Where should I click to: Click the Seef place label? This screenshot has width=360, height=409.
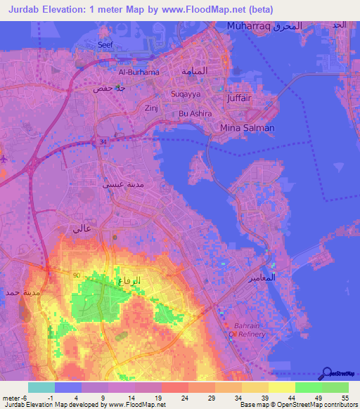pos(105,44)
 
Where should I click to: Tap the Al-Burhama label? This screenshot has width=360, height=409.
pos(139,72)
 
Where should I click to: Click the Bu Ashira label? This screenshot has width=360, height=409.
pos(194,113)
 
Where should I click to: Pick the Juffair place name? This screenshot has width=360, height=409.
pos(240,98)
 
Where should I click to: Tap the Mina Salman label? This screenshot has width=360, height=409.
pos(247,128)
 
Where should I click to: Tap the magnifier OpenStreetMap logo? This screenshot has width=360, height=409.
pos(326,373)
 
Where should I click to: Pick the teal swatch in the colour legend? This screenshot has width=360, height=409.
pos(41,387)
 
